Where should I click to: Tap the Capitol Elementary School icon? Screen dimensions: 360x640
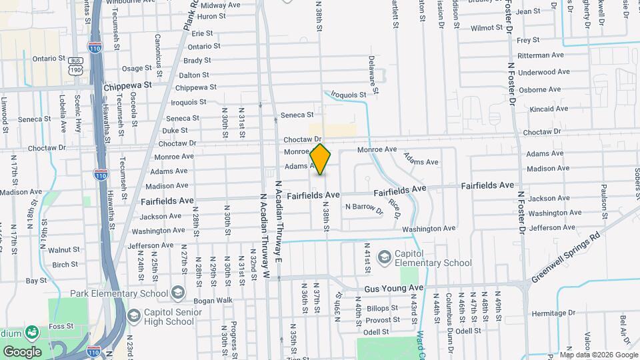click(384, 257)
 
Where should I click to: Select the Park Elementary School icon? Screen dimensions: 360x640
click(177, 293)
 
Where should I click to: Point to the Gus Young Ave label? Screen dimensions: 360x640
click(394, 289)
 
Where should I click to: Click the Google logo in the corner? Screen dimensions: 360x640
click(22, 351)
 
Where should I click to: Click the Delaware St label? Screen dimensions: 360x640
click(374, 74)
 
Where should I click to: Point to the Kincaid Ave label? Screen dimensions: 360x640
click(548, 109)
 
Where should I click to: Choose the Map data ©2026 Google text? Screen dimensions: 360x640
click(597, 354)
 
